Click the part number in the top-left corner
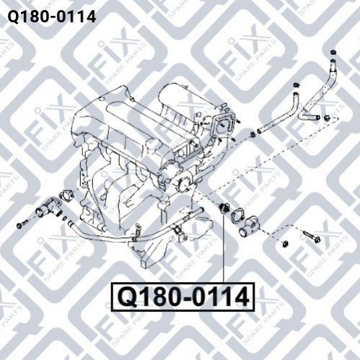pyautogui.click(x=52, y=17)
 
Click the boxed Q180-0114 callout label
pyautogui.click(x=183, y=297)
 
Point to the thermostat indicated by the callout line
pyautogui.click(x=222, y=208)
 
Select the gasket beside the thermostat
pyautogui.click(x=237, y=215)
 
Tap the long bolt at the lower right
pyautogui.click(x=312, y=236)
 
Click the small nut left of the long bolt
pyautogui.click(x=285, y=244)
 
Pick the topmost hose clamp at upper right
pyautogui.click(x=333, y=52)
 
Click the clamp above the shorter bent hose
pyautogui.click(x=296, y=85)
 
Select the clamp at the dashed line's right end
pyautogui.click(x=327, y=118)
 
